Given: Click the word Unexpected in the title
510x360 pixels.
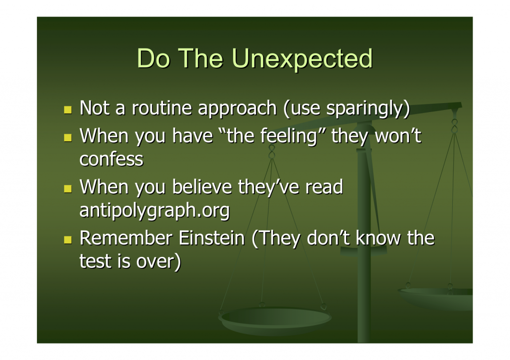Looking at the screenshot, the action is tap(302, 59).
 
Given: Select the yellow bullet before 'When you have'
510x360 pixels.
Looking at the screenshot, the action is tap(68, 137).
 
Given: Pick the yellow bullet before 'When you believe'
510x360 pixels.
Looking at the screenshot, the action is tap(68, 189).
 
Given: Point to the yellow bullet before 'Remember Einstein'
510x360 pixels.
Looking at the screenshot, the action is tap(68, 240).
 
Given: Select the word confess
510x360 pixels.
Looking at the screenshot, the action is tap(111, 159).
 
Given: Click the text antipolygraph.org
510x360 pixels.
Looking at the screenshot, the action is tap(154, 211).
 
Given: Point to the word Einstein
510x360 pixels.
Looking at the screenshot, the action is tap(211, 238).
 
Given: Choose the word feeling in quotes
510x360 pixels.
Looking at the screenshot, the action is tap(289, 136).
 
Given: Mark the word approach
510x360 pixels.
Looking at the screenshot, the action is tap(237, 109).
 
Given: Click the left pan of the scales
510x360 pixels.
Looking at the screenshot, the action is tap(275, 320).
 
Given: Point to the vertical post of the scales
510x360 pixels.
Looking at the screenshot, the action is tap(364, 234).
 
